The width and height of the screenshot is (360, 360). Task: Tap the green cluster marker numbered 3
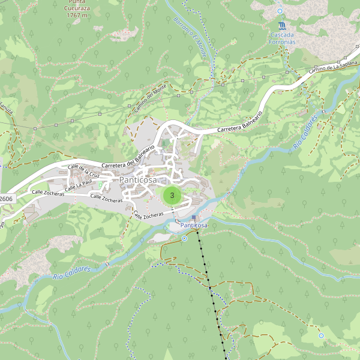pyautogui.click(x=172, y=195)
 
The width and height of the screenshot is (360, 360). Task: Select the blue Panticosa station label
pyautogui.click(x=194, y=225)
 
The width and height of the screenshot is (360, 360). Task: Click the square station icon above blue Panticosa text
pyautogui.click(x=194, y=217)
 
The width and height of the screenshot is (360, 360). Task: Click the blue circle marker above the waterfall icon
pyautogui.click(x=280, y=11)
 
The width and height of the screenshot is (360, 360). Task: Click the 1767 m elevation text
pyautogui.click(x=77, y=15)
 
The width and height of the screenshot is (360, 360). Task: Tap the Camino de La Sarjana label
pyautogui.click(x=333, y=67)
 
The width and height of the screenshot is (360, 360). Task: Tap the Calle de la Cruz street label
pyautogui.click(x=83, y=171)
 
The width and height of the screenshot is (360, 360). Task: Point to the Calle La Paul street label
pyautogui.click(x=79, y=185)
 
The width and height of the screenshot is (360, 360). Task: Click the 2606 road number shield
pyautogui.click(x=6, y=199)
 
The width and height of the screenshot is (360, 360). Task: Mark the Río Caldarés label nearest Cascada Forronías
pyautogui.click(x=305, y=136)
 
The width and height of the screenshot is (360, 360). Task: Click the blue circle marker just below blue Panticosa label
pyautogui.click(x=184, y=238)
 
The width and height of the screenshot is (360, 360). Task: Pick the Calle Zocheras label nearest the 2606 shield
pyautogui.click(x=48, y=193)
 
